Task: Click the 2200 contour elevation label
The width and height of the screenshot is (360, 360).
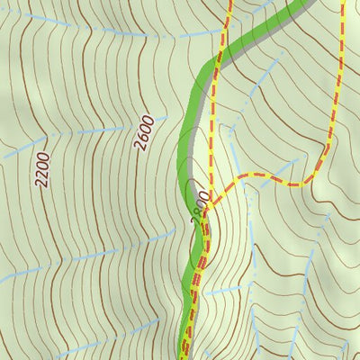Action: click(43, 168)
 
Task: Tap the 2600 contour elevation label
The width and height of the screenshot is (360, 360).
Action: click(146, 132)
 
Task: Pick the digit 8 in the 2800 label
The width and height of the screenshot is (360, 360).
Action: click(199, 209)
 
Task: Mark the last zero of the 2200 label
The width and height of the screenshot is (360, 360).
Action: click(46, 156)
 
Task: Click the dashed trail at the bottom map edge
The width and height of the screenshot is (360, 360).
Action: click(186, 356)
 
